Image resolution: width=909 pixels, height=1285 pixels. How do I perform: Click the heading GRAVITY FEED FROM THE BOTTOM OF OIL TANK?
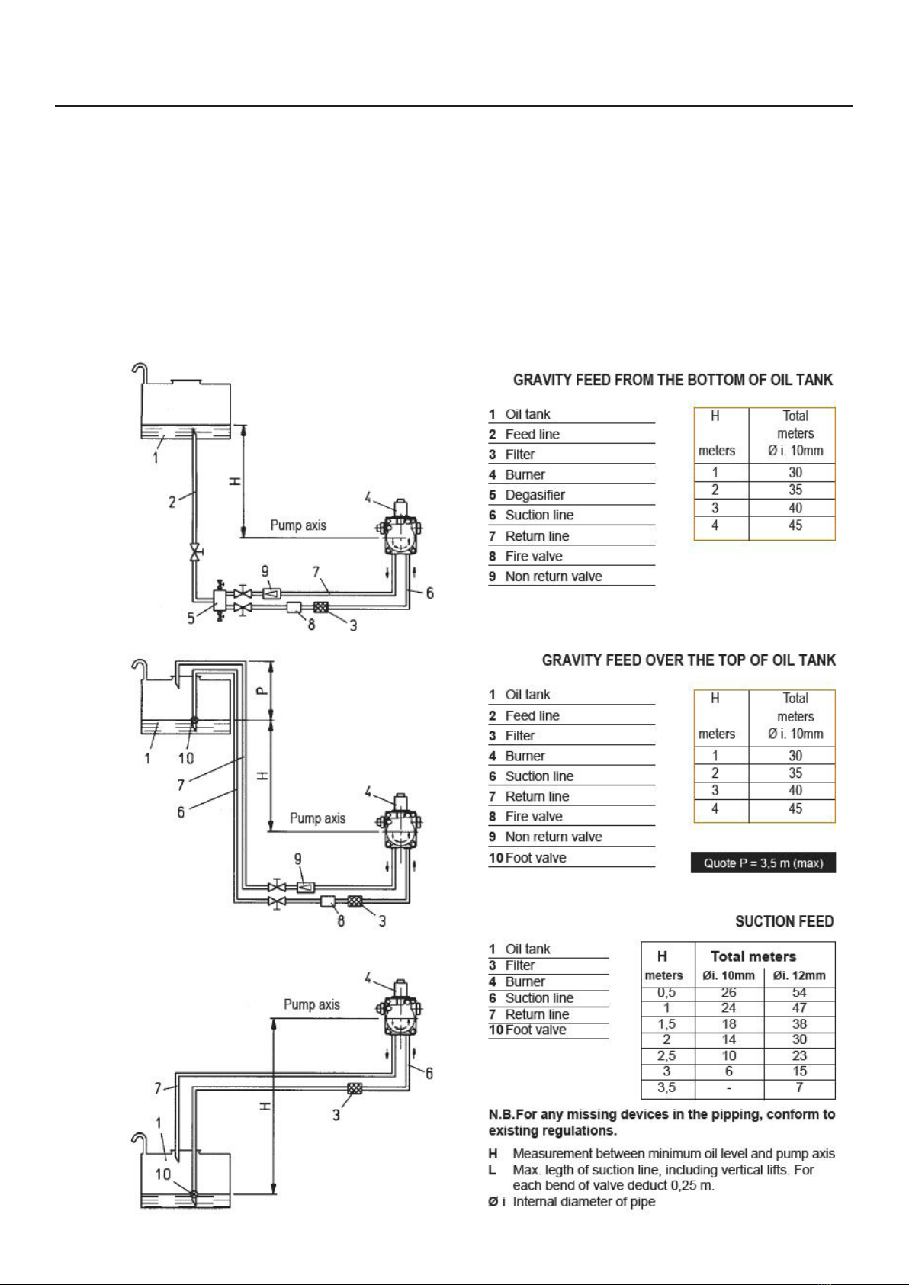673,380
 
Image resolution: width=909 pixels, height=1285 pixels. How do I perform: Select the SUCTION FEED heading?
785,921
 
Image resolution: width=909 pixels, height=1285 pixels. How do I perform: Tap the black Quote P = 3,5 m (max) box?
763,863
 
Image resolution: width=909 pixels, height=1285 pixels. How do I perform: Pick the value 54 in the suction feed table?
799,992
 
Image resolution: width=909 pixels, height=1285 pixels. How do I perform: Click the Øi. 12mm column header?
799,975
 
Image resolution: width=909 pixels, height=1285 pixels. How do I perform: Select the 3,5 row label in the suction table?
666,1087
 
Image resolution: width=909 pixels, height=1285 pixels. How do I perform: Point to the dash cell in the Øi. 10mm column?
728,1087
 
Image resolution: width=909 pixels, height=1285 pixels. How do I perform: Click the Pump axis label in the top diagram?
298,525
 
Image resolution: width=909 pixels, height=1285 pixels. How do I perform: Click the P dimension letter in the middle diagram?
262,691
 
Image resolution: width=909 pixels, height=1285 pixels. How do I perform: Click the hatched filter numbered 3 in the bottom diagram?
355,1087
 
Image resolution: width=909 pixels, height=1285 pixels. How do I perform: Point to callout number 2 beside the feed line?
172,503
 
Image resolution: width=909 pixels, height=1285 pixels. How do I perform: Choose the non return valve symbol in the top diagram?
271,593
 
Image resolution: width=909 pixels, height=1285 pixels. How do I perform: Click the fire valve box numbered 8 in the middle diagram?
328,901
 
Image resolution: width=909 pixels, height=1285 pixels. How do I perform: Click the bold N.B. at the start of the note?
502,1115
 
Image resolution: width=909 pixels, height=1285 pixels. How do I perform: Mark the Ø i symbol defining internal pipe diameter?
496,1201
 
